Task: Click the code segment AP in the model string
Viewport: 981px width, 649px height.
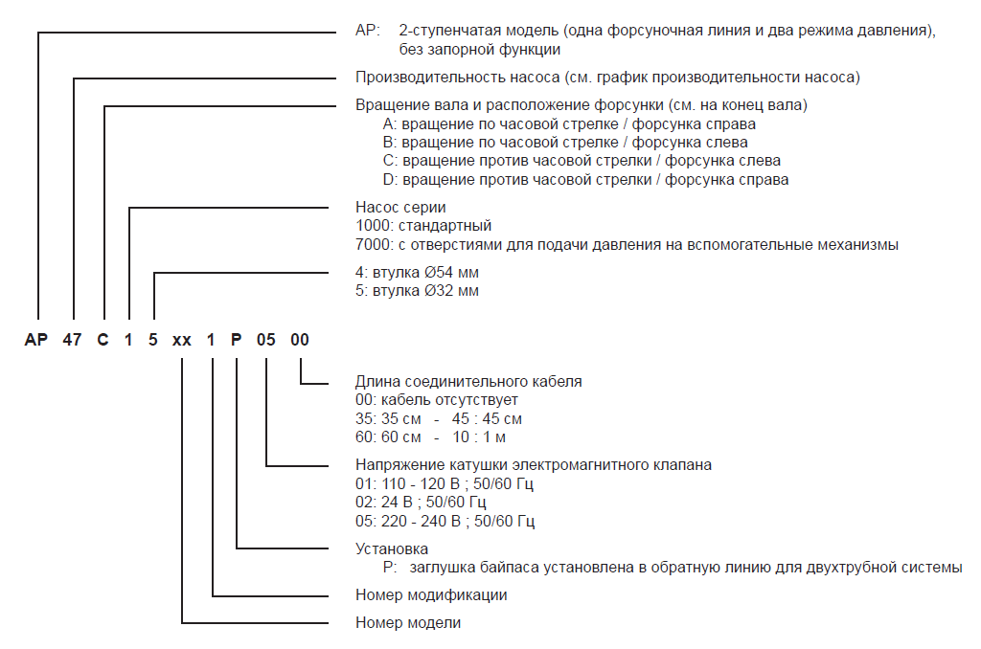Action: click(x=37, y=341)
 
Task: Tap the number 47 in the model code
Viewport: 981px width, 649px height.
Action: click(x=71, y=341)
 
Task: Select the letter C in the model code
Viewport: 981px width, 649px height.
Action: click(x=103, y=341)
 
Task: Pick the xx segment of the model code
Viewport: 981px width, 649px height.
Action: click(x=182, y=341)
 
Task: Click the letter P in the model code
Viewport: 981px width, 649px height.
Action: click(x=236, y=341)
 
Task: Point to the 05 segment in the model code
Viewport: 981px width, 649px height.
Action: click(x=266, y=341)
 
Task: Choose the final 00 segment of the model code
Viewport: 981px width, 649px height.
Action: click(x=300, y=341)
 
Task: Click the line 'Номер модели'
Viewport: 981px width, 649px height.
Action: click(x=408, y=623)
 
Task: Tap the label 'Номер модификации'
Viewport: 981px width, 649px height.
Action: click(x=431, y=594)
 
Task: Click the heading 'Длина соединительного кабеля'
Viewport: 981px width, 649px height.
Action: click(x=468, y=381)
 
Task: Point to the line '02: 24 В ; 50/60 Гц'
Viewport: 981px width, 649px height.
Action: click(x=421, y=503)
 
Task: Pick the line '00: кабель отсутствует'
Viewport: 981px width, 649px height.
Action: click(x=437, y=400)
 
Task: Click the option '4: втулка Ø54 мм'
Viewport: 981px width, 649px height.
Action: click(x=417, y=273)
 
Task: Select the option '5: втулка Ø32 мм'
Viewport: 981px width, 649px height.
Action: click(x=417, y=291)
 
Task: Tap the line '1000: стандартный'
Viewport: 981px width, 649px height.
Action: click(x=423, y=226)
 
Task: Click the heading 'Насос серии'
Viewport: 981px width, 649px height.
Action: click(x=400, y=207)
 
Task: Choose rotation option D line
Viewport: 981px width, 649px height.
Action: click(x=585, y=179)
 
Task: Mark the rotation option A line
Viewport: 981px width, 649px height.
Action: click(x=569, y=123)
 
